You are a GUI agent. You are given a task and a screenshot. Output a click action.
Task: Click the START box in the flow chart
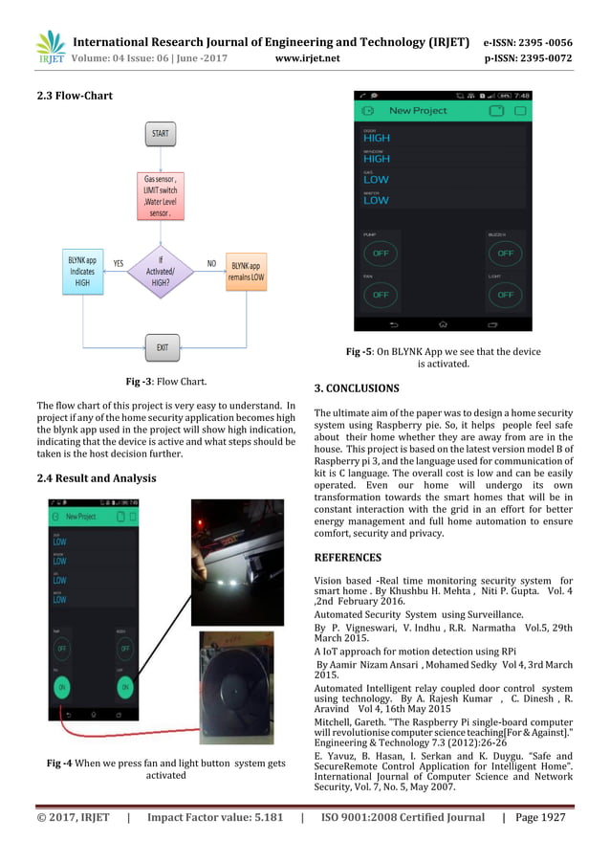click(x=161, y=133)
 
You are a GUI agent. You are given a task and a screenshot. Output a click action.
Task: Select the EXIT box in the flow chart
click(x=162, y=346)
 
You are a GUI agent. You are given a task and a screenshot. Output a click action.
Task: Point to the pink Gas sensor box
click(x=161, y=196)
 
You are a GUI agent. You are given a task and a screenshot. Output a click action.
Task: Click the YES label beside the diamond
click(x=118, y=262)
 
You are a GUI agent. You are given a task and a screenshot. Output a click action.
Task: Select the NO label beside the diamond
click(x=211, y=262)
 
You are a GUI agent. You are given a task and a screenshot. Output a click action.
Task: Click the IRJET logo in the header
click(x=50, y=47)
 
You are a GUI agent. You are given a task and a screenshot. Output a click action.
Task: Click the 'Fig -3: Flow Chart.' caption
click(x=160, y=382)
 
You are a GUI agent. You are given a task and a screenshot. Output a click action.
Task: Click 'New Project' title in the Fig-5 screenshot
click(x=418, y=110)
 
